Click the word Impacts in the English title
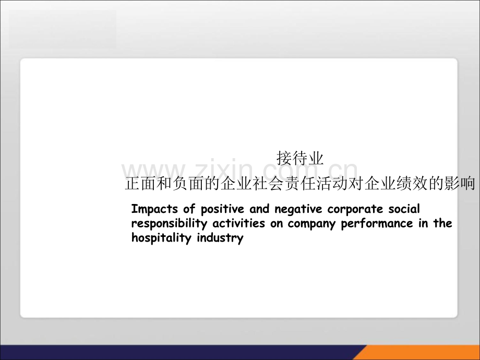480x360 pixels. click(x=154, y=209)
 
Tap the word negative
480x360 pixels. click(x=298, y=209)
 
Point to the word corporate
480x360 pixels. click(x=355, y=209)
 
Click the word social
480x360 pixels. click(x=404, y=209)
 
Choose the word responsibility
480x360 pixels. click(x=169, y=223)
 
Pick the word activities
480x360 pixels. click(x=239, y=223)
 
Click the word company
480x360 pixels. click(x=311, y=224)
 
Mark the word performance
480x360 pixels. click(x=377, y=223)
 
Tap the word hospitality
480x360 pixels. click(x=161, y=238)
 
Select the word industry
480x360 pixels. click(x=220, y=238)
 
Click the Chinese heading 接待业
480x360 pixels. click(x=300, y=158)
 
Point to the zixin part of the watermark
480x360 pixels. click(x=223, y=169)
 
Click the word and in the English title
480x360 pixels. click(x=259, y=209)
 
